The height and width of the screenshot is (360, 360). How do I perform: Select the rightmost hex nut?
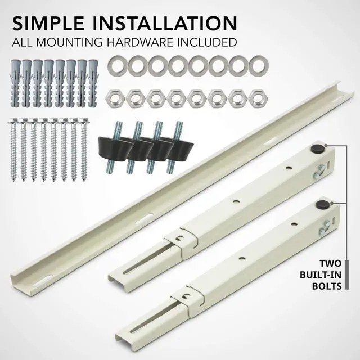[257, 98]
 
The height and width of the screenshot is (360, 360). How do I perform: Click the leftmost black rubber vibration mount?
[111, 147]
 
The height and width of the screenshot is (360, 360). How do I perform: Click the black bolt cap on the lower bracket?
[323, 204]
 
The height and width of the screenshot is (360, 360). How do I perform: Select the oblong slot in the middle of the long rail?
[147, 217]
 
